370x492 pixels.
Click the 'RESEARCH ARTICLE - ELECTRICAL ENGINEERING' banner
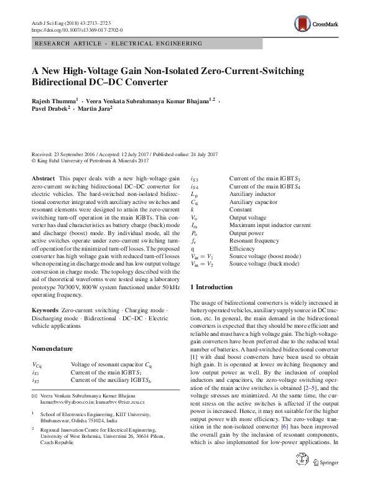point(119,44)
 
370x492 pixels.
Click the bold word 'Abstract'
point(43,179)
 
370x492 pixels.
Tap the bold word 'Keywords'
point(45,309)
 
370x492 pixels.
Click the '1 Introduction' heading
point(211,287)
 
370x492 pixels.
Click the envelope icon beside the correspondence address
point(34,396)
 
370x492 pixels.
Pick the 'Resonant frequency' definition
point(254,239)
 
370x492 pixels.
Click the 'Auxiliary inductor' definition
point(252,194)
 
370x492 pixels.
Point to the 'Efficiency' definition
point(243,248)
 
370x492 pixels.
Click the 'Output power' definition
point(247,232)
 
